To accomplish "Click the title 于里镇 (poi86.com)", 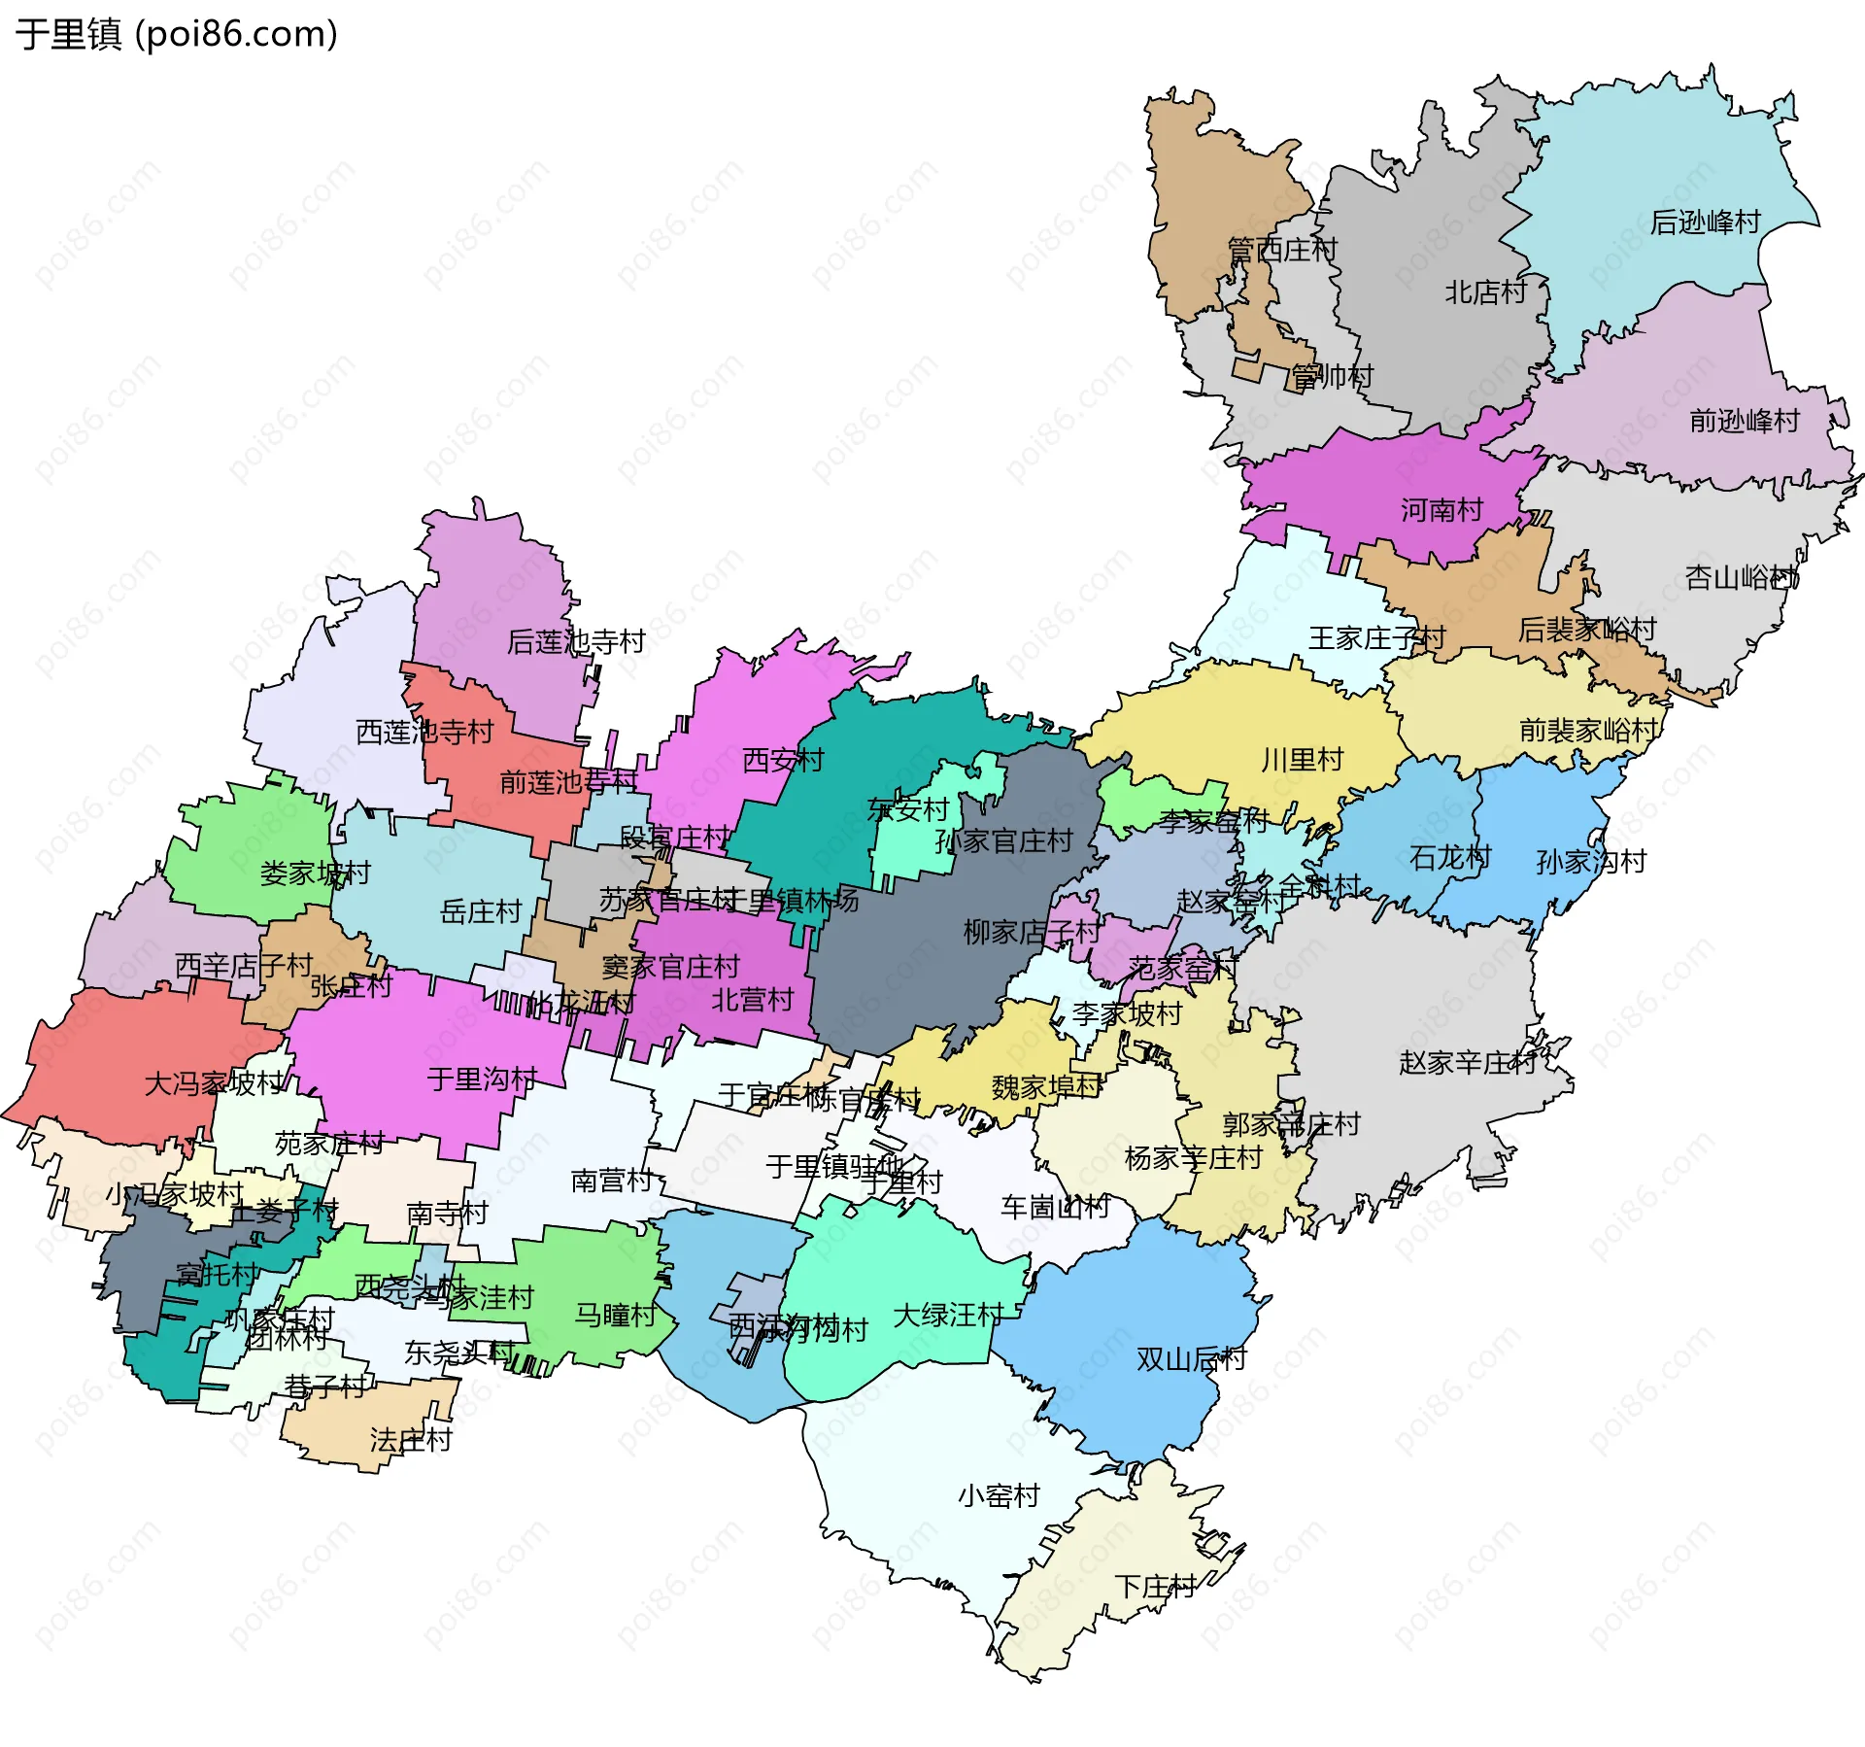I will tap(176, 34).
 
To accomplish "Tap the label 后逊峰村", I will tap(1705, 223).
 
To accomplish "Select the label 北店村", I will tap(1485, 291).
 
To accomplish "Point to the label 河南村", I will tap(1441, 509).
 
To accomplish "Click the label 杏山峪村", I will tap(1742, 578).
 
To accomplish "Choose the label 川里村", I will tap(1302, 760).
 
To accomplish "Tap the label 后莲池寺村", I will tap(576, 641).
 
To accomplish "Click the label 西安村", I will tap(783, 760).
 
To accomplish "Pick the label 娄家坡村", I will tap(315, 873).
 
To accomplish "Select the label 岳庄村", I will tap(481, 911).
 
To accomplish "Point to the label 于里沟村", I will tap(482, 1079).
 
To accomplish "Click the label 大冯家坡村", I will tap(214, 1083).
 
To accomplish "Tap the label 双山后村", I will tap(1191, 1359).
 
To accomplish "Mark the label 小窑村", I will tap(999, 1495).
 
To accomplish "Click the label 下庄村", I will tap(1155, 1587).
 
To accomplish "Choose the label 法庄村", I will tap(411, 1440).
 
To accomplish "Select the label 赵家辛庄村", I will tap(1468, 1063).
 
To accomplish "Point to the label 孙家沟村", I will tap(1591, 861).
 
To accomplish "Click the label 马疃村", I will tap(616, 1315).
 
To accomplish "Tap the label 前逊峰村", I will tap(1745, 421).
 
